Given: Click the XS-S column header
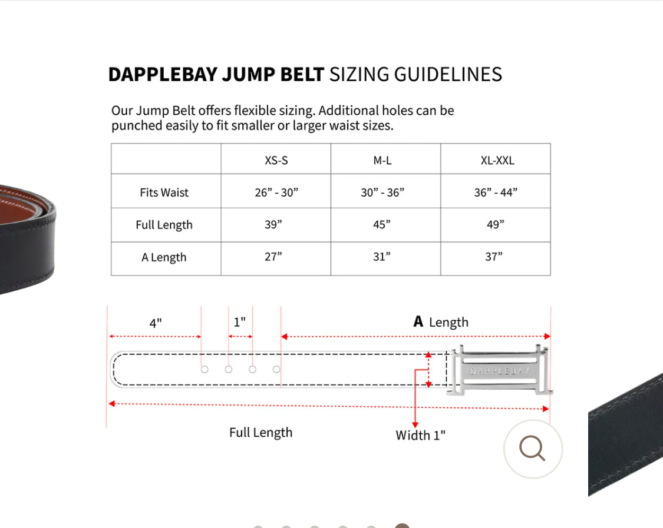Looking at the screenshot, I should click(276, 160).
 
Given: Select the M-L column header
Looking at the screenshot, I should click(382, 160).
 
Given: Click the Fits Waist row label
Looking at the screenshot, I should click(164, 192).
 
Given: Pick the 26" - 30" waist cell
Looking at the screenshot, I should click(276, 192).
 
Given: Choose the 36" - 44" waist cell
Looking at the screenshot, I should click(496, 192).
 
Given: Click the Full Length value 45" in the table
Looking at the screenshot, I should click(381, 225).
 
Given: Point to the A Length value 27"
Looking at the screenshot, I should click(273, 257).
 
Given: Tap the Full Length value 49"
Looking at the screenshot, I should click(496, 225).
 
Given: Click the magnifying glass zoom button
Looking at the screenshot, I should click(533, 449).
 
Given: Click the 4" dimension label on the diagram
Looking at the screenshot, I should click(156, 323).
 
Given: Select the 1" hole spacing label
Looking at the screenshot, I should click(239, 322).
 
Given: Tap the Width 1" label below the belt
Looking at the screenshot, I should click(420, 436).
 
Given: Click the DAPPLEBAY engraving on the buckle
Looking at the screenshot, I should click(500, 371).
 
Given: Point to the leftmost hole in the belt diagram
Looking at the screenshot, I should click(204, 369).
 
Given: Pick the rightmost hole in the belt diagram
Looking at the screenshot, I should click(276, 369).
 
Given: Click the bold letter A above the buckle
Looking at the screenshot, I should click(418, 321).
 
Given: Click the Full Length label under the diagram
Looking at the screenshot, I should click(260, 433).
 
